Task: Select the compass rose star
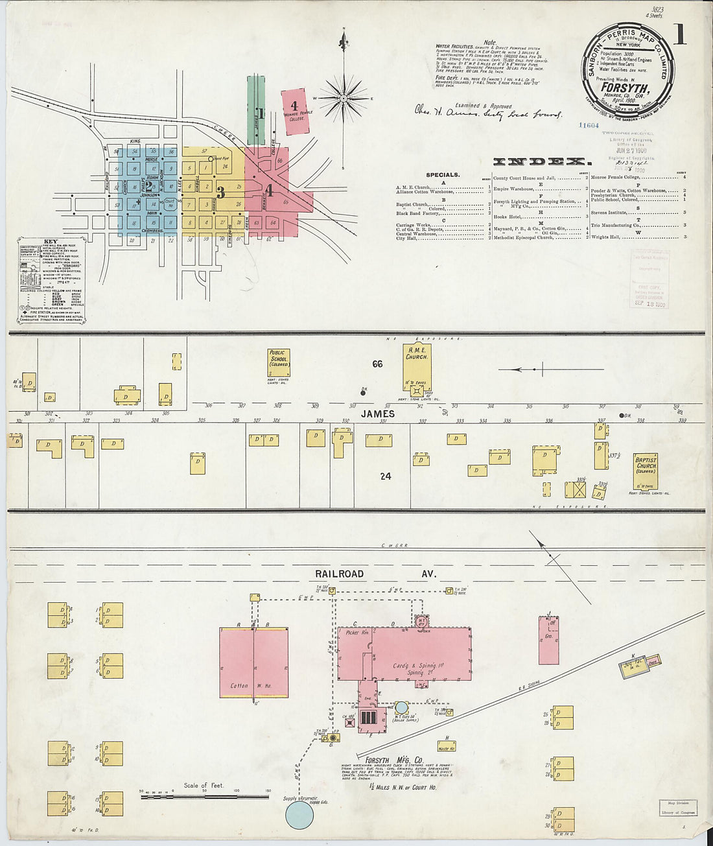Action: click(344, 97)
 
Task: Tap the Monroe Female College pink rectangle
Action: click(298, 112)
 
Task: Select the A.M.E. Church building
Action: click(417, 368)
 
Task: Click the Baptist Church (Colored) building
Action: click(646, 471)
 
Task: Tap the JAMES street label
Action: click(378, 414)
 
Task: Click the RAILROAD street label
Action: click(339, 574)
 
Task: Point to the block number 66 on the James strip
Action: click(377, 364)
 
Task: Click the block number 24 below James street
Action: click(386, 476)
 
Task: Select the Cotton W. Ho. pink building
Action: click(253, 663)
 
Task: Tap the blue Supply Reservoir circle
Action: click(299, 814)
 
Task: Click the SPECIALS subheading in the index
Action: click(443, 175)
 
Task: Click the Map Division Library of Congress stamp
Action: click(678, 807)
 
